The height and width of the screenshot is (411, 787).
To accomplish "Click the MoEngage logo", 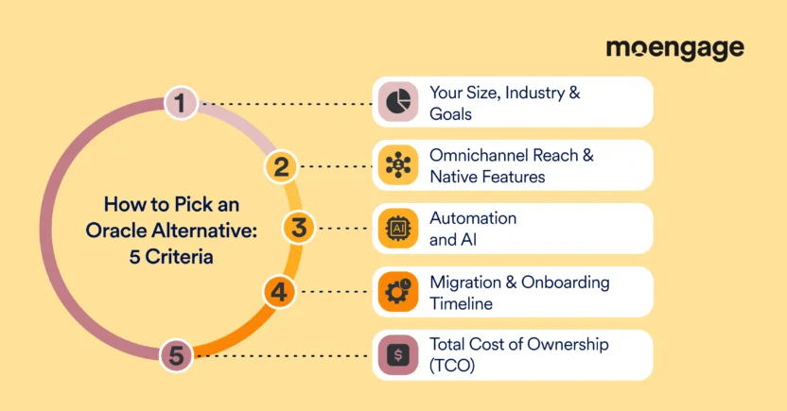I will pos(674,49).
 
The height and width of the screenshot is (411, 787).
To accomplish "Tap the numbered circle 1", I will pos(180,102).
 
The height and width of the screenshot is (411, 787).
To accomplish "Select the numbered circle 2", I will pos(280,167).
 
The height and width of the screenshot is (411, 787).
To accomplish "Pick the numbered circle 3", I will pos(298,229).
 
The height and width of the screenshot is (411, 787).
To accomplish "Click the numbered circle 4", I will pos(277,292).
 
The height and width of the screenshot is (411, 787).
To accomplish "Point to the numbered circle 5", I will pos(177,355).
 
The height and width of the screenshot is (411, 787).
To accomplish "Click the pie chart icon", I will pos(398,101).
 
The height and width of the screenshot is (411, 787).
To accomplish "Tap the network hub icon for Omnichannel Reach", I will pos(398,165).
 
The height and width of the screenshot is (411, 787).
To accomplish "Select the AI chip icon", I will pos(398,229).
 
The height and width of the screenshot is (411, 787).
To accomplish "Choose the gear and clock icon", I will pos(398,292).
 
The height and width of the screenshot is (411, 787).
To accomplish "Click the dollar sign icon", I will pos(398,355).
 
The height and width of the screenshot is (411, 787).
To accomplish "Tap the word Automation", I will pos(473,218).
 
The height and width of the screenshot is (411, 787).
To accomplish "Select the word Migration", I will pos(465,283).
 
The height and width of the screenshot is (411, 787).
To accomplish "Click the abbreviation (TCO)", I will pos(452,366).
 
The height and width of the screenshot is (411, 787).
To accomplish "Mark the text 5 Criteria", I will pos(171,255).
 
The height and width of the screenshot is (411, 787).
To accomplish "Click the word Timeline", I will pos(461,303).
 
